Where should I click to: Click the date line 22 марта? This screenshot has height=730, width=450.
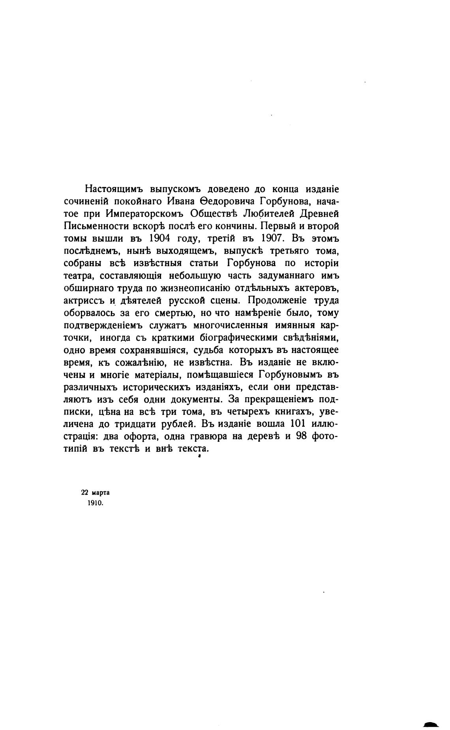coord(96,493)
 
